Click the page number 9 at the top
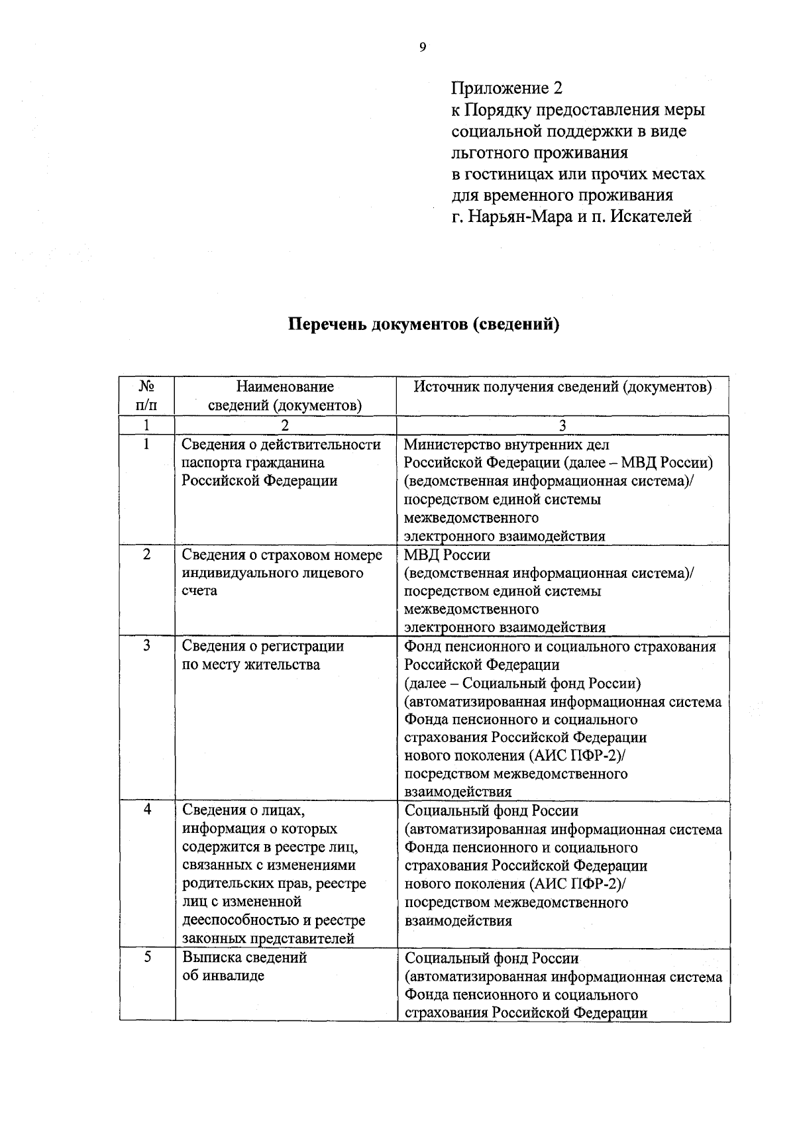[422, 46]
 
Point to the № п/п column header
[146, 396]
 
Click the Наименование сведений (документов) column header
[285, 396]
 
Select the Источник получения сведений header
[562, 387]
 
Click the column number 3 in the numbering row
[562, 425]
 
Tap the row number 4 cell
[146, 810]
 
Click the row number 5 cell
[146, 957]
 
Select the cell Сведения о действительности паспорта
[282, 462]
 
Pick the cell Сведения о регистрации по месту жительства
[263, 655]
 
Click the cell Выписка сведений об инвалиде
[244, 967]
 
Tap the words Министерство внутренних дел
[507, 445]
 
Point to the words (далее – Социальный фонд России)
[523, 683]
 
